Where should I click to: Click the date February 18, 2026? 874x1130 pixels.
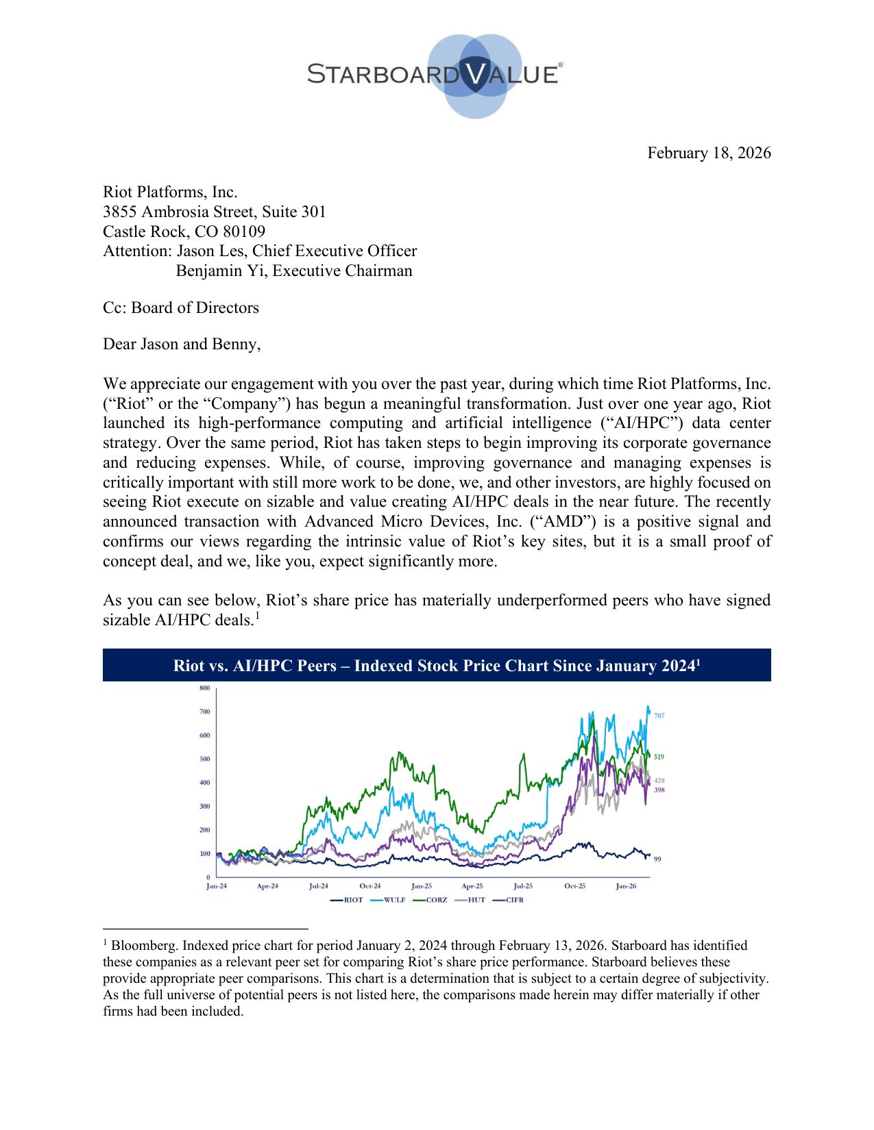pos(709,153)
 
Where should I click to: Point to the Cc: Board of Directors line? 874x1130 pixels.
pos(181,307)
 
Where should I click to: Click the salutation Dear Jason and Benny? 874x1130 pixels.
pos(182,344)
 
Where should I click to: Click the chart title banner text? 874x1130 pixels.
pos(437,666)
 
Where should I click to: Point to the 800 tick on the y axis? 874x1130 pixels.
pos(205,688)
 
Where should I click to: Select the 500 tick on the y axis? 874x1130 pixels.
pos(205,759)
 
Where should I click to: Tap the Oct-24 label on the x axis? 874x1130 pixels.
pos(370,886)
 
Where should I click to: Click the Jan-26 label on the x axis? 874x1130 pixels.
pos(626,886)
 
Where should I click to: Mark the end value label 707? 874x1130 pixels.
pos(659,716)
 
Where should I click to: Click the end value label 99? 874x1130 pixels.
pos(657,859)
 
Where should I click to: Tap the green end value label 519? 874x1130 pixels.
pos(659,757)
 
